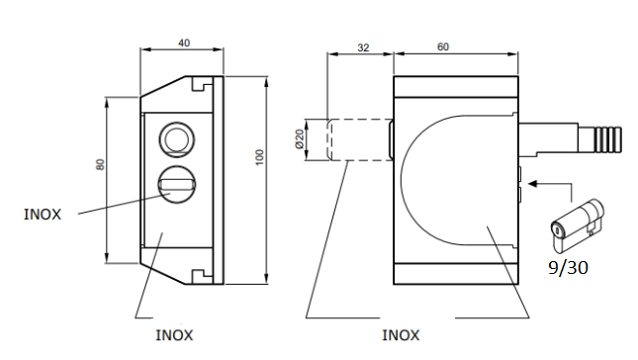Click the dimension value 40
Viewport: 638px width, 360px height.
point(184,43)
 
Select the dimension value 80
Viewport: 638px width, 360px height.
point(100,164)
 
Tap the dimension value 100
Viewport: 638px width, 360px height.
point(259,157)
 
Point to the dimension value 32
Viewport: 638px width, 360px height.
point(363,48)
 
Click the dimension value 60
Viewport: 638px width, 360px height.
point(443,46)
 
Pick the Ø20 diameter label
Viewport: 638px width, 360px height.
point(300,139)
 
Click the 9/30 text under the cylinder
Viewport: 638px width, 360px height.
point(568,268)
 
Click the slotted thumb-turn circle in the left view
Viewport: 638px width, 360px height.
point(177,184)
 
